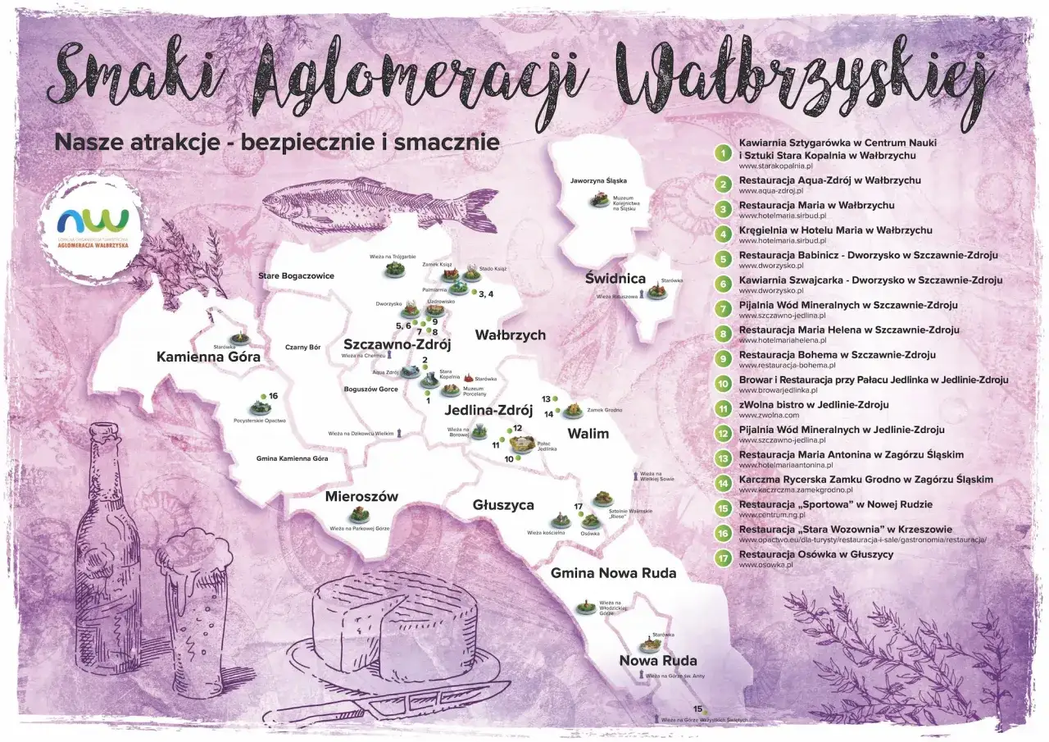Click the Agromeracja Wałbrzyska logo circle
(x=93, y=220)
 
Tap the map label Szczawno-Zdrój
(x=397, y=344)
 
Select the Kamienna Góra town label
(x=208, y=357)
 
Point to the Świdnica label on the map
(x=615, y=279)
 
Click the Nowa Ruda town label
(x=657, y=661)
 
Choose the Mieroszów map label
(x=361, y=496)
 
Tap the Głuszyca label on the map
(x=503, y=505)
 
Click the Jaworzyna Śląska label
(x=598, y=180)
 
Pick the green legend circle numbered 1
(x=723, y=152)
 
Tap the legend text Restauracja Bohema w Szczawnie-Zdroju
(x=825, y=355)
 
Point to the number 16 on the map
(x=273, y=396)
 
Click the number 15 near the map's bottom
(x=698, y=708)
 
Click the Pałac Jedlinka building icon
(x=521, y=444)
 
